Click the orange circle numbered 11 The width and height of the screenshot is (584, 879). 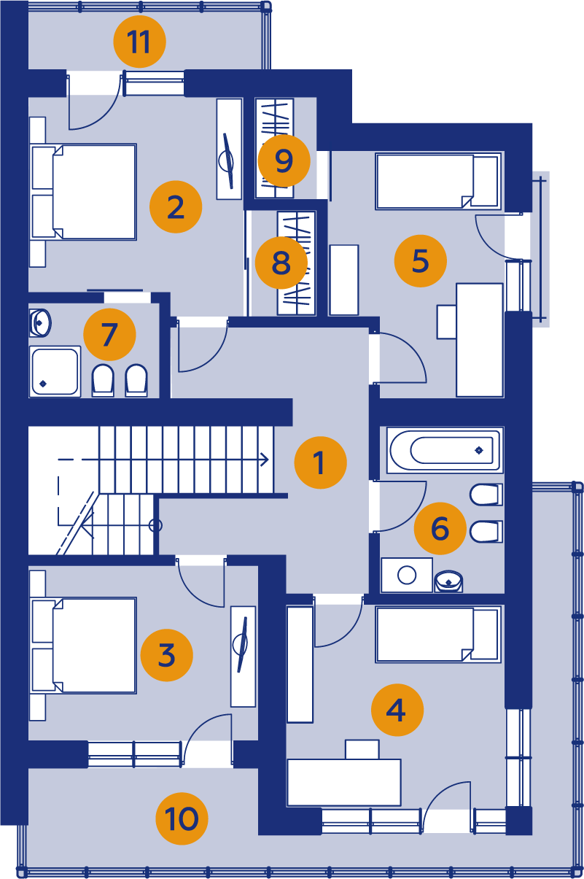click(140, 42)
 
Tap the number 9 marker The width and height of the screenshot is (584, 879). click(284, 160)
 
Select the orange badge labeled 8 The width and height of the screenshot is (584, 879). click(281, 263)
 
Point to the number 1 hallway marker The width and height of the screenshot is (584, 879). click(321, 462)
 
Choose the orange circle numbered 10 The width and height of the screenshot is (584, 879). click(182, 818)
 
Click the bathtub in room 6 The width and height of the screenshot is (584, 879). click(445, 449)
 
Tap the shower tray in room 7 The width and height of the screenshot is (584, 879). click(55, 371)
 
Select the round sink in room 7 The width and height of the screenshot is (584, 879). click(40, 323)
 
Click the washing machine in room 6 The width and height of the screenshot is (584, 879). click(407, 575)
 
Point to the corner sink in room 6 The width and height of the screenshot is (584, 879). click(448, 581)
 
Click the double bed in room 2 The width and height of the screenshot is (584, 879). click(84, 192)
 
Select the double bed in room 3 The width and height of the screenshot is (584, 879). click(84, 646)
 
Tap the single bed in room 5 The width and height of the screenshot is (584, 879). click(438, 181)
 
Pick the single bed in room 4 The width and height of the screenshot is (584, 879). click(438, 635)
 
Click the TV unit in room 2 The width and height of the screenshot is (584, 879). click(230, 149)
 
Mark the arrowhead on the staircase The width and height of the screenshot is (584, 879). click(265, 460)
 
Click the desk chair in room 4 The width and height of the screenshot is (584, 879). click(362, 749)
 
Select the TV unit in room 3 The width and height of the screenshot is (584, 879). click(244, 657)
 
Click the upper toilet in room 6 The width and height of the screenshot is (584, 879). click(486, 495)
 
